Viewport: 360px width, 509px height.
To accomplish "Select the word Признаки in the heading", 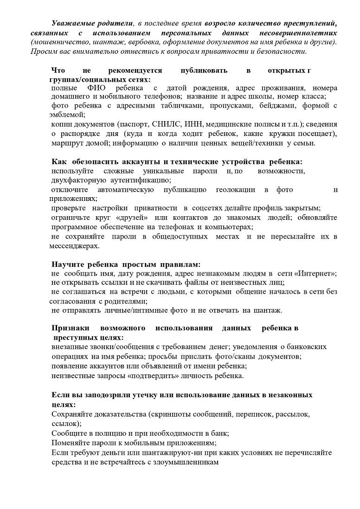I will (71, 329).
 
